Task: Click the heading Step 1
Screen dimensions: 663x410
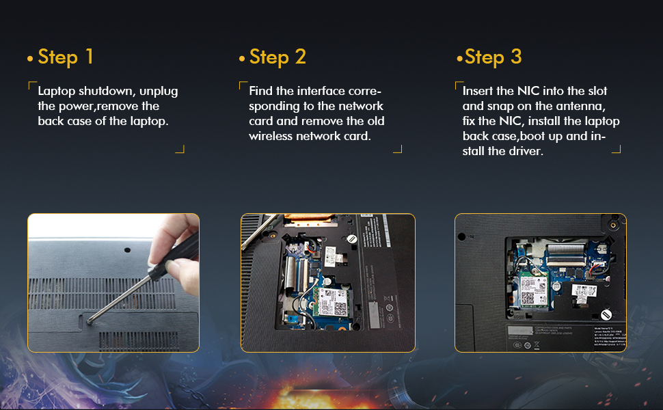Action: click(x=66, y=57)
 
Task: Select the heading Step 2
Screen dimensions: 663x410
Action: click(x=277, y=57)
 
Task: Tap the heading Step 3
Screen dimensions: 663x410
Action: click(x=493, y=57)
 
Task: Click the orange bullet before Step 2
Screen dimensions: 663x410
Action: click(x=242, y=59)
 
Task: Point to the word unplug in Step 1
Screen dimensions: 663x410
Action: click(x=161, y=91)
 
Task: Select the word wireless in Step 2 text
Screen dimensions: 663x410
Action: click(x=271, y=135)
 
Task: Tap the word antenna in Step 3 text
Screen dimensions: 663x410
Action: click(x=583, y=106)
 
